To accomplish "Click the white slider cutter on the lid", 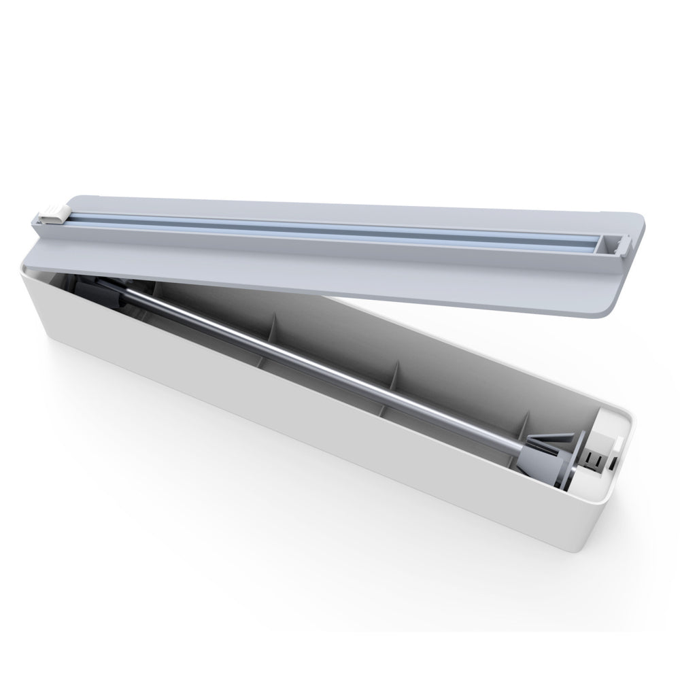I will [53, 215].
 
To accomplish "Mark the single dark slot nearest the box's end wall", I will [613, 463].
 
